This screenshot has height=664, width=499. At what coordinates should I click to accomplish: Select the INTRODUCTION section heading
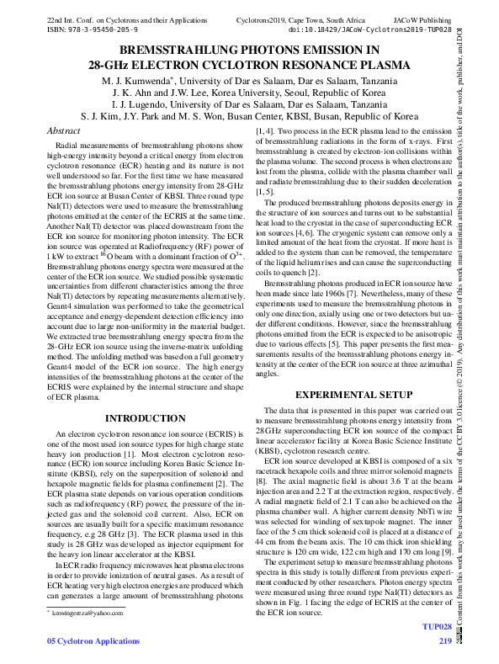(x=139, y=417)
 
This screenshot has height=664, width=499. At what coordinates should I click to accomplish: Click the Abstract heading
(x=65, y=131)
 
